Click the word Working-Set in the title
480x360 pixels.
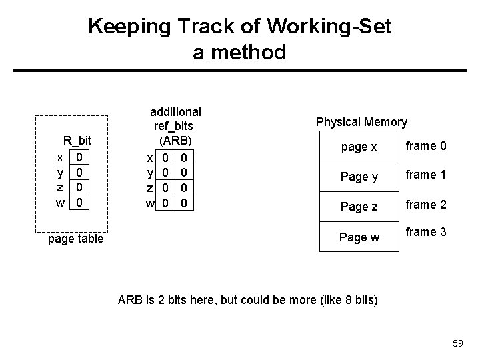pos(332,27)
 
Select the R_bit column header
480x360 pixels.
pos(77,141)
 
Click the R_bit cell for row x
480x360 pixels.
pos(79,157)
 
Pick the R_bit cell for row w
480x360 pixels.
pos(79,201)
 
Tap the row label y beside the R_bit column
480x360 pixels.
pos(61,172)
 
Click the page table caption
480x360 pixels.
pos(76,239)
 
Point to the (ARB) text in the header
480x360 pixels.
pos(175,141)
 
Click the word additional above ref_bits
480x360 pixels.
pos(175,111)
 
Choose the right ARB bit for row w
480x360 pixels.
pos(185,202)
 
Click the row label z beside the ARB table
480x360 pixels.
pos(151,187)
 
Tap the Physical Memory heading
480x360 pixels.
pos(361,121)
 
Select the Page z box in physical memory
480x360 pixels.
pos(359,207)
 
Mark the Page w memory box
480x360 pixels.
pos(359,236)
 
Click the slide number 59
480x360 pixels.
pos(457,343)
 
